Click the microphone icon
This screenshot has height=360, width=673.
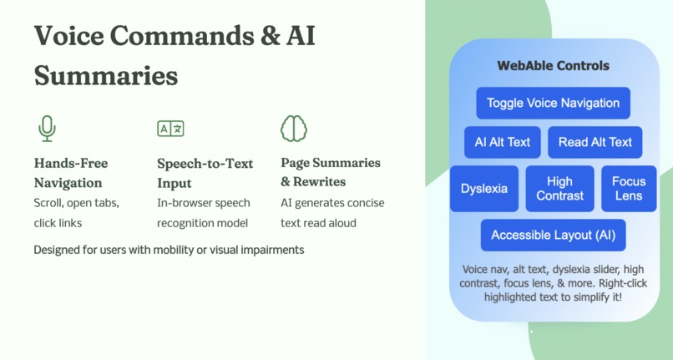click(x=47, y=129)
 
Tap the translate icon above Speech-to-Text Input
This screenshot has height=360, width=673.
click(x=170, y=129)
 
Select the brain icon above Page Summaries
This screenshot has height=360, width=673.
click(x=294, y=129)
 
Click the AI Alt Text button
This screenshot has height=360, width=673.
click(x=503, y=142)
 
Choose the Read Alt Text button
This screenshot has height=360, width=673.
click(x=595, y=142)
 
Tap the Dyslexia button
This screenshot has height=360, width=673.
click(x=484, y=189)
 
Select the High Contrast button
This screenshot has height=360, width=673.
click(x=560, y=189)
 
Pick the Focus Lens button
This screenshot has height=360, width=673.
click(x=629, y=189)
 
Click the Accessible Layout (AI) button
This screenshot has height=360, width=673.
click(x=553, y=235)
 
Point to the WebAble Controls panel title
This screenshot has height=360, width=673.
click(x=553, y=66)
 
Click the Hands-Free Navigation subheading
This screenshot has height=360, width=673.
click(x=71, y=173)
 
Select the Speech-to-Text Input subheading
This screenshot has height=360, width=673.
click(x=205, y=173)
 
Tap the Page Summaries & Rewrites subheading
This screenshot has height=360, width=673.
click(x=331, y=172)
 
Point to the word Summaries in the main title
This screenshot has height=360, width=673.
click(x=106, y=76)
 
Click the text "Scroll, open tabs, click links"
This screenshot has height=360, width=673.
click(x=76, y=212)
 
